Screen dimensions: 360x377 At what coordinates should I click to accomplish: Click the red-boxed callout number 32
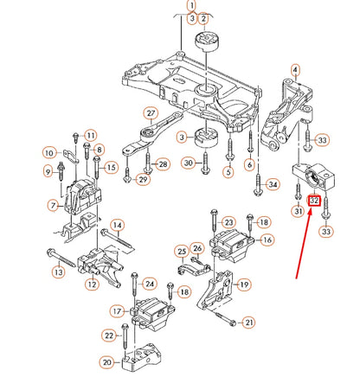tap(314, 201)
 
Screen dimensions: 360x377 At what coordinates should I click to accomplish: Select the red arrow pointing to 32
tap(305, 244)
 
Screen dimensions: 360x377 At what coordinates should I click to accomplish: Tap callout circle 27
tap(151, 113)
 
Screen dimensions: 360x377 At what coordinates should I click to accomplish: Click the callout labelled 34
tap(273, 184)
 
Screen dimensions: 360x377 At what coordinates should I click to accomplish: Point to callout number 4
tap(295, 70)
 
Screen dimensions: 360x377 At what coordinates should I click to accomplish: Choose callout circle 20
tap(107, 361)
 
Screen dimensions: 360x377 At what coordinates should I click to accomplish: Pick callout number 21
tap(249, 323)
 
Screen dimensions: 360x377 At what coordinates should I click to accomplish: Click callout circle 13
tap(59, 272)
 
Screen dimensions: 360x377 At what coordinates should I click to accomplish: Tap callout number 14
tap(117, 225)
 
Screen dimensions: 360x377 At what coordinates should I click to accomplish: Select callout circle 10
tap(49, 152)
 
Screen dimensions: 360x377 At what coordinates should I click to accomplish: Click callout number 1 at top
tap(192, 5)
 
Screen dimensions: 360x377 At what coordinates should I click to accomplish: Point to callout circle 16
tap(267, 240)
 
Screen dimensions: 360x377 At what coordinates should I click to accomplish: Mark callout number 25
tap(182, 252)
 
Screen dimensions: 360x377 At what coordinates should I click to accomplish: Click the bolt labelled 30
tap(205, 163)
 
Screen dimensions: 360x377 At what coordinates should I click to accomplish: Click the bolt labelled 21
tap(226, 319)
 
